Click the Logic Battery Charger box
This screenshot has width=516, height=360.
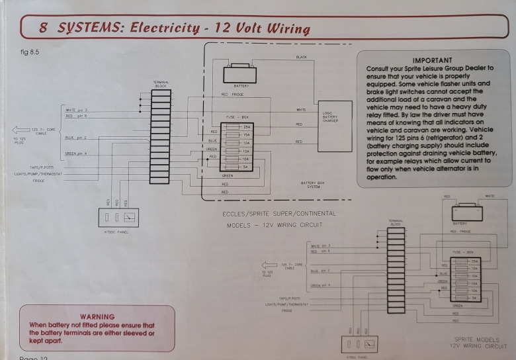(x=335, y=126)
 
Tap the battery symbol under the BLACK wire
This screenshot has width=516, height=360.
(x=239, y=74)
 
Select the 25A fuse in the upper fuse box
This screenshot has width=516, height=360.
(x=237, y=126)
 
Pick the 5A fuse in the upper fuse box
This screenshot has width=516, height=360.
(x=237, y=166)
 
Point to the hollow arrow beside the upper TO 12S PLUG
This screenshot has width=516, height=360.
(x=21, y=130)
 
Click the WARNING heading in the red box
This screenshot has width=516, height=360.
(x=97, y=317)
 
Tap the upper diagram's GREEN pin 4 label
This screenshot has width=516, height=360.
(x=77, y=154)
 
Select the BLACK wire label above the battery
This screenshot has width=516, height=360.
(x=301, y=58)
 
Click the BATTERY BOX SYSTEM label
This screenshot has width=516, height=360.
(x=314, y=185)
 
